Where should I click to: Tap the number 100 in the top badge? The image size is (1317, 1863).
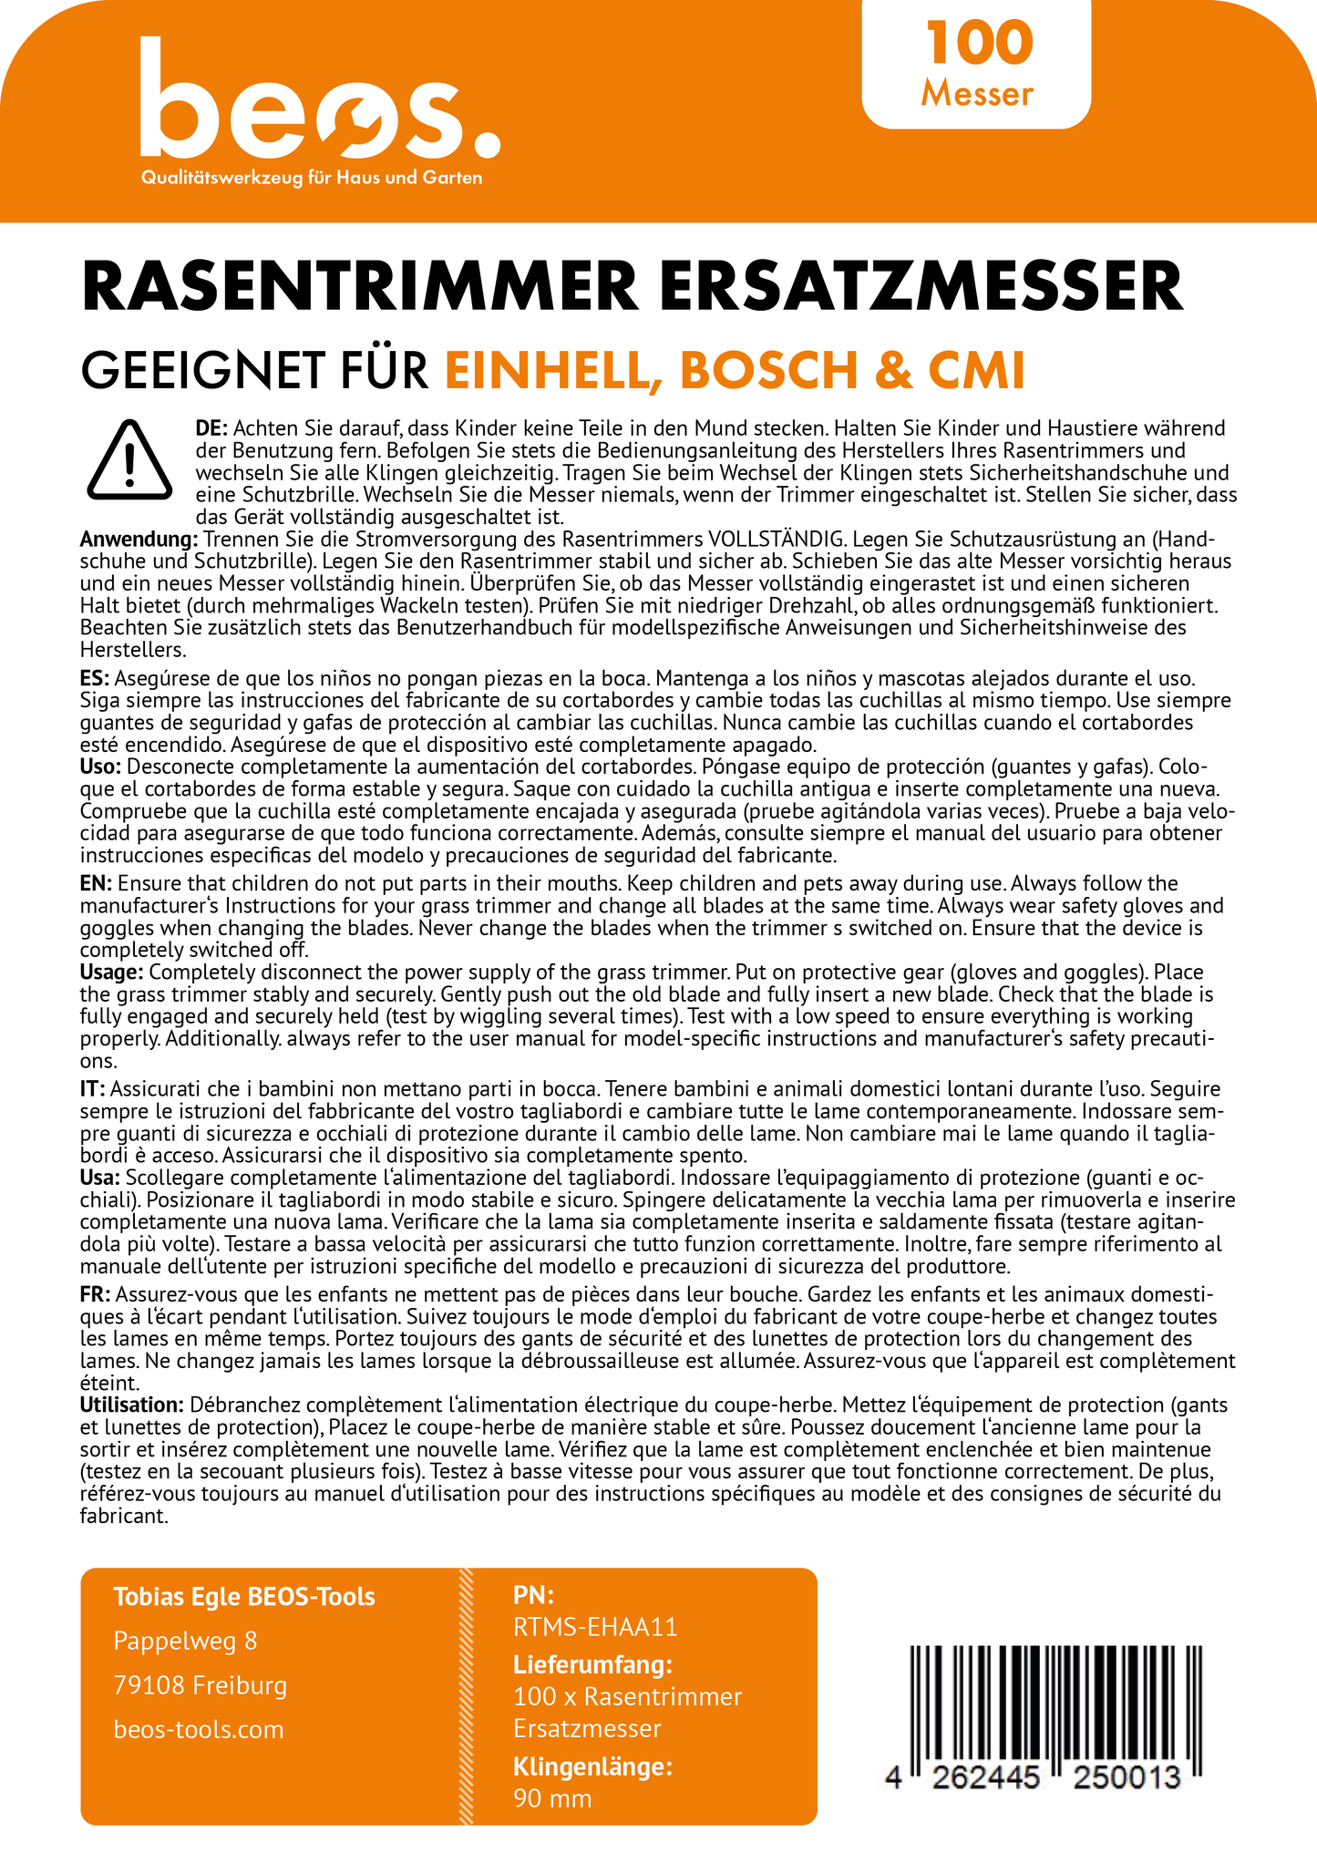pyautogui.click(x=980, y=44)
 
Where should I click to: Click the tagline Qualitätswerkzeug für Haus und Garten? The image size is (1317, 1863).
pyautogui.click(x=311, y=178)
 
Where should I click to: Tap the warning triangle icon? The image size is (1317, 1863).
pyautogui.click(x=129, y=461)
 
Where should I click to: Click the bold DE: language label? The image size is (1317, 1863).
pyautogui.click(x=211, y=428)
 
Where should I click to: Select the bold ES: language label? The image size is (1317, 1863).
pyautogui.click(x=95, y=679)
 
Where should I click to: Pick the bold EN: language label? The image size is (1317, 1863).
pyautogui.click(x=96, y=884)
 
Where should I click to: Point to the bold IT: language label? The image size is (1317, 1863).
pyautogui.click(x=93, y=1089)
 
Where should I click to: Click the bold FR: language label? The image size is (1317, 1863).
pyautogui.click(x=95, y=1294)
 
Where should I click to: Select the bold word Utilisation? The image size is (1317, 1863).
pyautogui.click(x=132, y=1405)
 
